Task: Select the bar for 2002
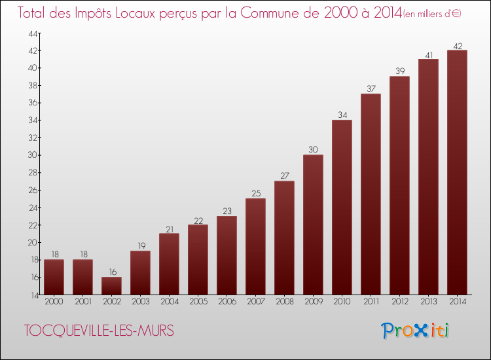[111, 286]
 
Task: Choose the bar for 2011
[371, 194]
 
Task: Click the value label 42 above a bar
[457, 46]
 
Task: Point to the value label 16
[111, 272]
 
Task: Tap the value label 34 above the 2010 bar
[342, 115]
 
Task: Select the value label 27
[284, 176]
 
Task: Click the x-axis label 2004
[169, 301]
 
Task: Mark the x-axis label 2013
[428, 301]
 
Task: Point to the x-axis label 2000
[54, 301]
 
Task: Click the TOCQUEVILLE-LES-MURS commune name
[99, 331]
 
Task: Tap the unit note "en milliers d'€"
[433, 14]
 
